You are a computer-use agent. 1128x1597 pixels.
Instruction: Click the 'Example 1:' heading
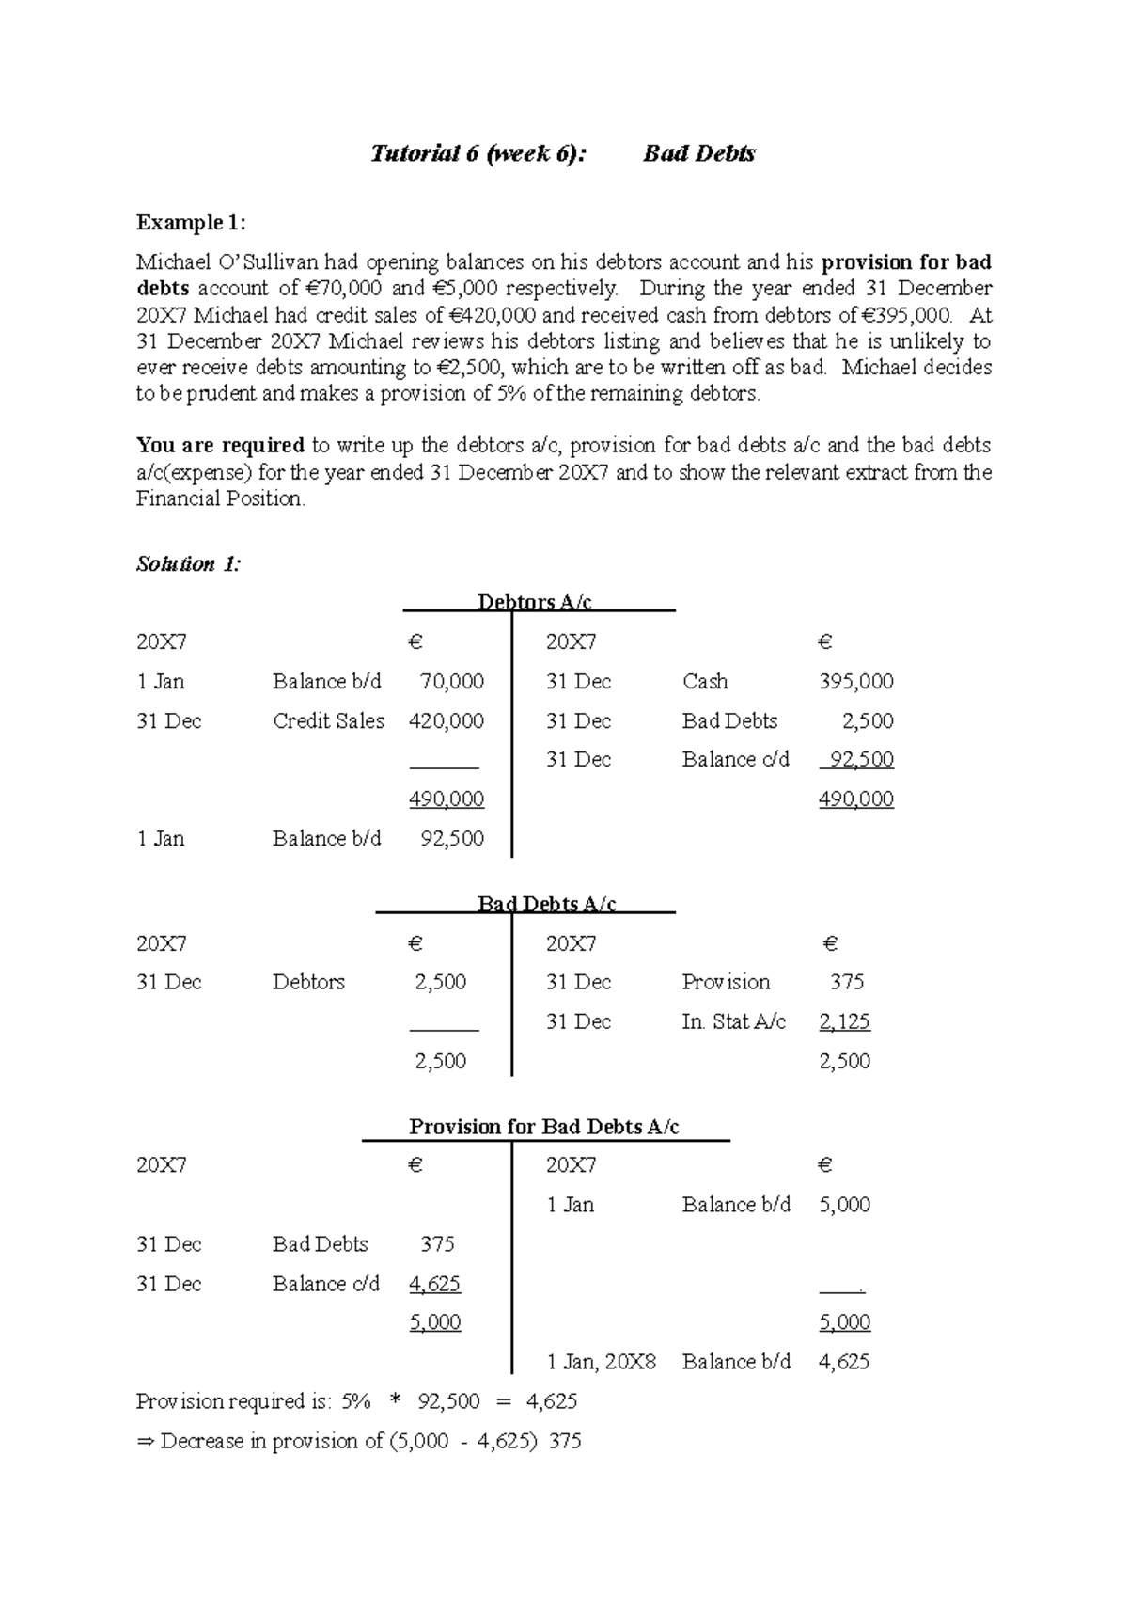click(x=191, y=223)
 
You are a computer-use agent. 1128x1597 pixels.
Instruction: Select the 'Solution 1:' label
click(x=188, y=564)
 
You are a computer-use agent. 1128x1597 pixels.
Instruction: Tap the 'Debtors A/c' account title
click(x=534, y=602)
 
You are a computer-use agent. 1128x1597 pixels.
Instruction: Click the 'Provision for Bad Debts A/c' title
click(x=543, y=1127)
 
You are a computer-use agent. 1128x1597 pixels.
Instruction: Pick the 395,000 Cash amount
click(x=855, y=682)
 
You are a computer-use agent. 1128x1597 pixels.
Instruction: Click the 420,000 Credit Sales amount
click(x=446, y=721)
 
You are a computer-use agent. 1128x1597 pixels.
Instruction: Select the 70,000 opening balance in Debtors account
click(x=451, y=682)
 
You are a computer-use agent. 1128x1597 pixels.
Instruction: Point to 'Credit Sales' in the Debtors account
click(x=328, y=721)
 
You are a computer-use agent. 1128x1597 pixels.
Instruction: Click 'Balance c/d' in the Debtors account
click(x=735, y=760)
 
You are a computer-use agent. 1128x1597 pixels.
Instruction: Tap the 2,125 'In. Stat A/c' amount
click(x=844, y=1021)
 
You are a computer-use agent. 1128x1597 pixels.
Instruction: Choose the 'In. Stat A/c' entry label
click(x=733, y=1021)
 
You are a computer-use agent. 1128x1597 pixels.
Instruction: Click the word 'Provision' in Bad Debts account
click(x=726, y=982)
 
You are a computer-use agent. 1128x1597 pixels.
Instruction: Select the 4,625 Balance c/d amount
click(x=434, y=1284)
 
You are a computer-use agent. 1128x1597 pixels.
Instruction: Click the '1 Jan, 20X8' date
click(x=601, y=1362)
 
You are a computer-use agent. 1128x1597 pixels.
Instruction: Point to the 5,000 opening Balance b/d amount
click(x=844, y=1205)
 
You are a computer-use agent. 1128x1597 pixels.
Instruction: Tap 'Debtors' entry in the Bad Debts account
click(x=308, y=982)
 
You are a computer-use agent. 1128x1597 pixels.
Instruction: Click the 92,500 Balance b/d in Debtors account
click(x=452, y=839)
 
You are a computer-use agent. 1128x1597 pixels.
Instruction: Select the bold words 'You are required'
click(x=220, y=445)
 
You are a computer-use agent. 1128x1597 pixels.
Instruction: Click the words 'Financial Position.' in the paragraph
click(x=220, y=498)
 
